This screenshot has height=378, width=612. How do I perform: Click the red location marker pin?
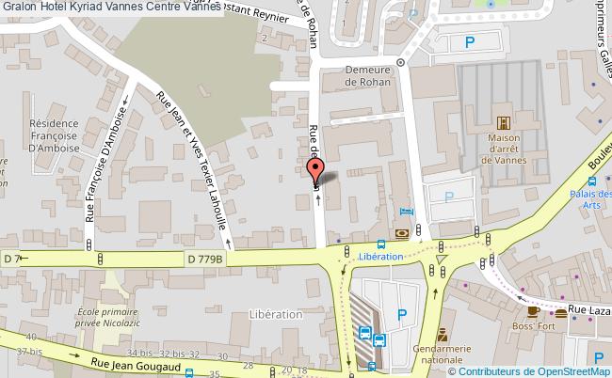pyautogui.click(x=314, y=170)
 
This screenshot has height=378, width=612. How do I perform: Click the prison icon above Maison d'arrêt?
pyautogui.click(x=503, y=123)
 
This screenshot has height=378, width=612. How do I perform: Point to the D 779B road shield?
pyautogui.click(x=204, y=259)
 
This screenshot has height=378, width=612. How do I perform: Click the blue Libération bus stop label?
pyautogui.click(x=381, y=257)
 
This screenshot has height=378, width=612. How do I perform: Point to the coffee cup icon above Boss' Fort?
pyautogui.click(x=533, y=311)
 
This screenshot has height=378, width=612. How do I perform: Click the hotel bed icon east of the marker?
pyautogui.click(x=406, y=212)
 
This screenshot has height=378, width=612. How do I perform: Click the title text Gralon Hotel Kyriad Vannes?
pyautogui.click(x=110, y=7)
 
